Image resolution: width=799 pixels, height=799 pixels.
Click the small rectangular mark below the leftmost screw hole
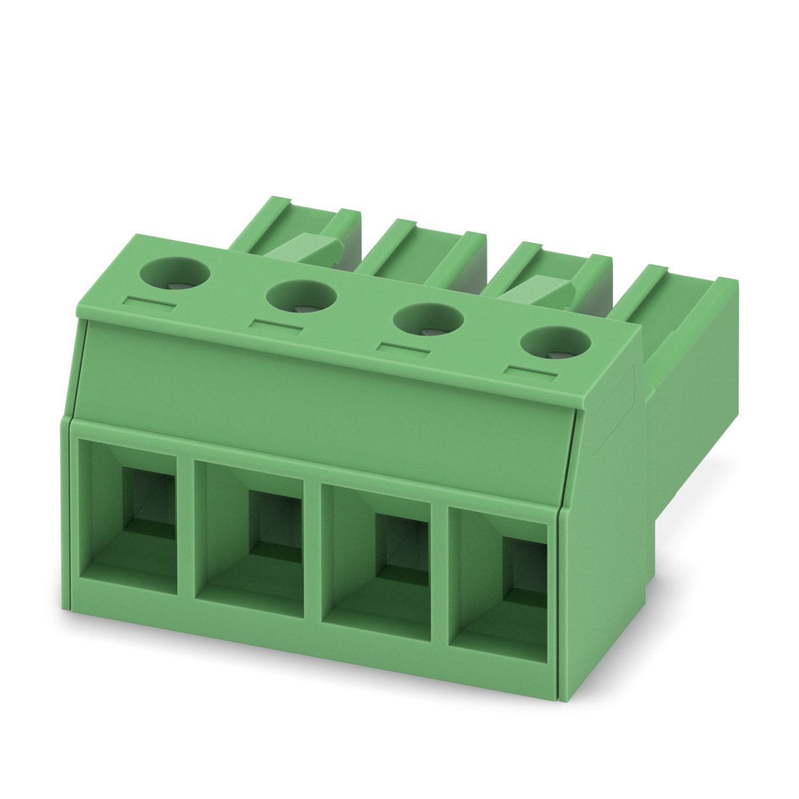pyautogui.click(x=149, y=304)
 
